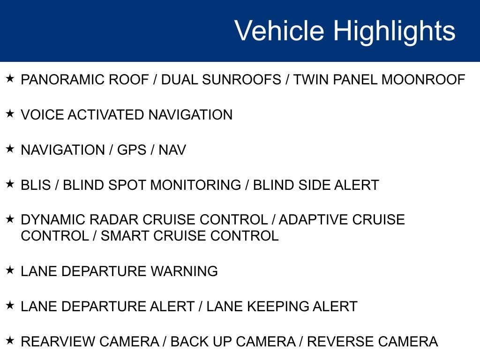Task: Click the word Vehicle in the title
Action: tap(279, 31)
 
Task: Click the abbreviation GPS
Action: tap(133, 150)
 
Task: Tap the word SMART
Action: tap(123, 236)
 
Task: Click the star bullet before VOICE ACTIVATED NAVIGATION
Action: tap(10, 114)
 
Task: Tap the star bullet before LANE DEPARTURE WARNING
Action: tap(10, 270)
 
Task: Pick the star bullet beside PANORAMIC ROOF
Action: tap(10, 79)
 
